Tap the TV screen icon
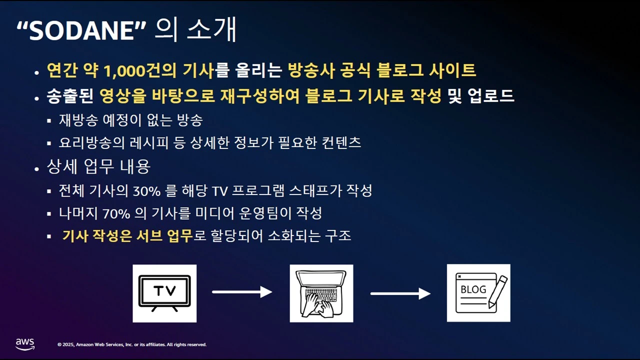coord(164,293)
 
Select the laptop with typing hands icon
coord(321,293)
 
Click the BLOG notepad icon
coord(478,293)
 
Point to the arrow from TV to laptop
coord(242,292)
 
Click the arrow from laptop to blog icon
coord(400,293)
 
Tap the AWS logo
coord(25,344)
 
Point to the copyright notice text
coord(132,344)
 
